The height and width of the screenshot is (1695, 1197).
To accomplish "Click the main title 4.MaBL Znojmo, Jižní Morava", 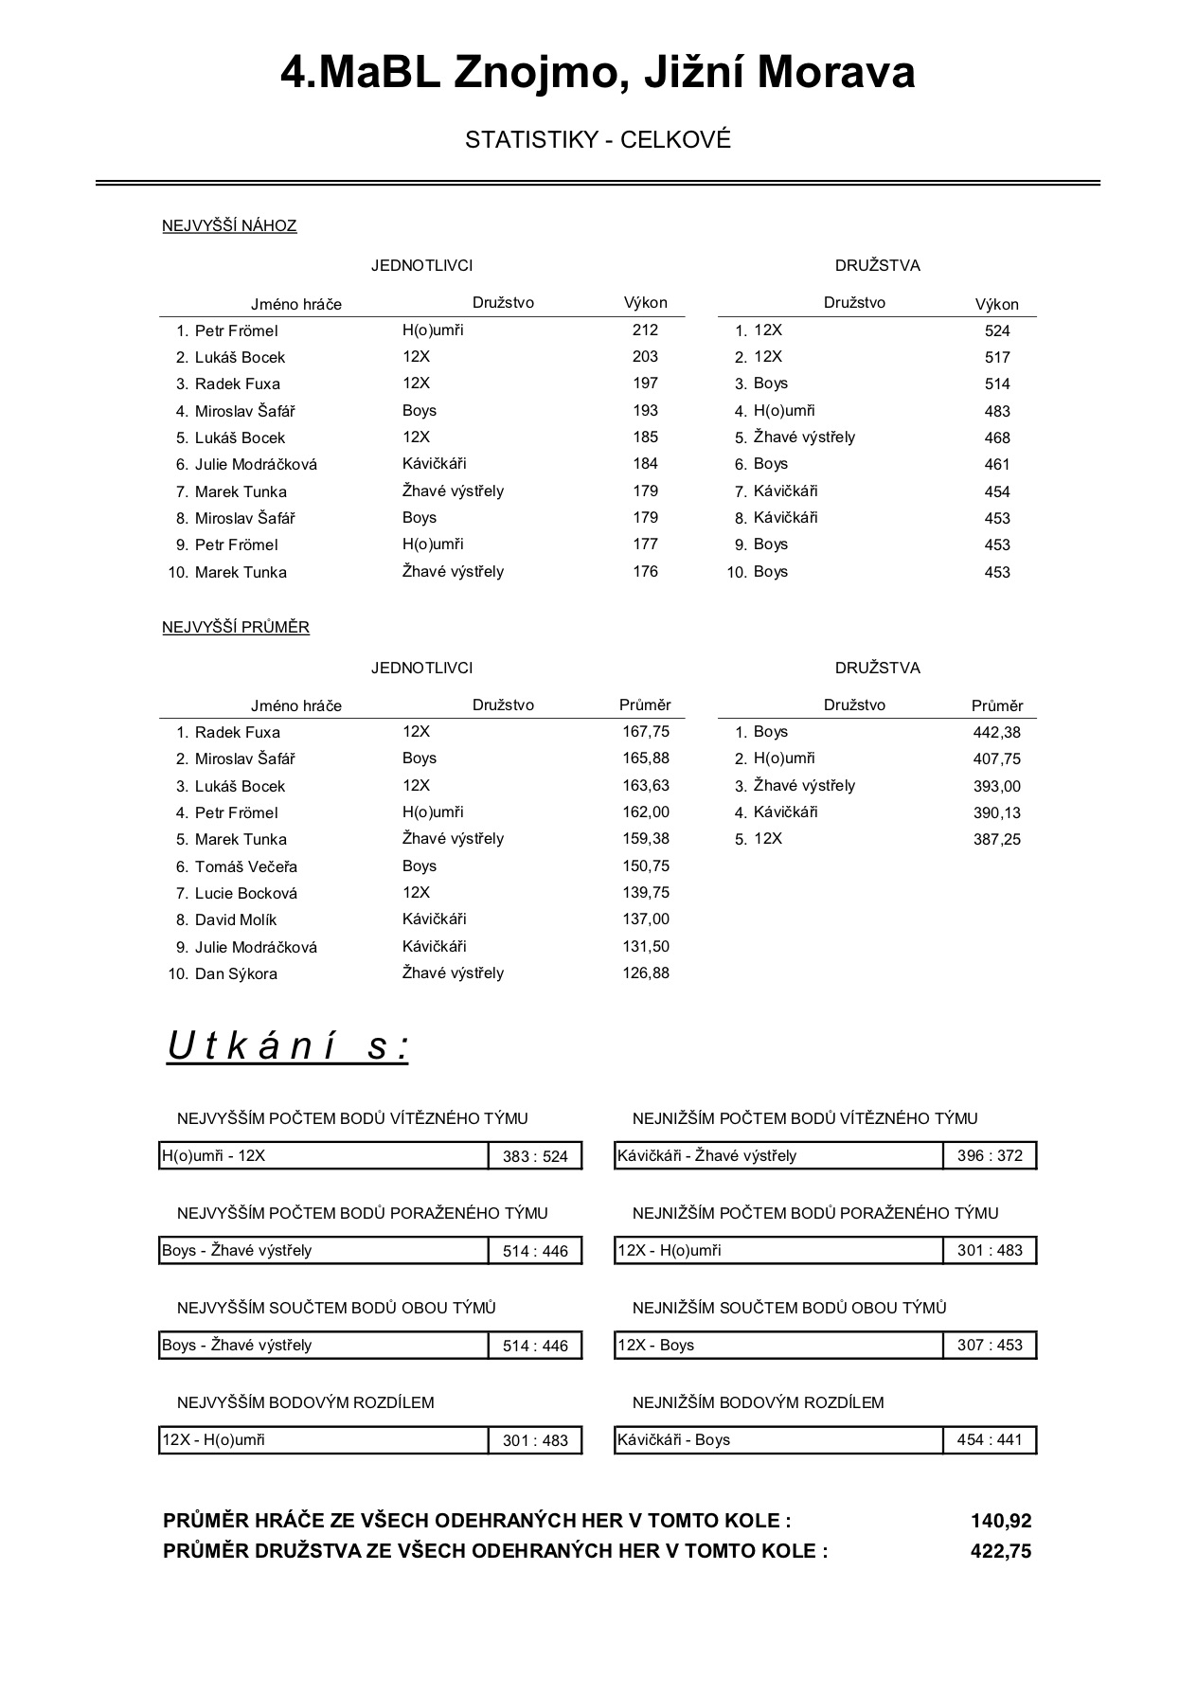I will (x=598, y=73).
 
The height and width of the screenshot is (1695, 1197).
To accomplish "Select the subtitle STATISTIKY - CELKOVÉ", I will (x=598, y=140).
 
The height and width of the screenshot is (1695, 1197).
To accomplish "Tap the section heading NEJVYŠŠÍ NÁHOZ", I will (x=229, y=225).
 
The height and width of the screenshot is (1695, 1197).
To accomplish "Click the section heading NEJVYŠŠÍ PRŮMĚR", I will (x=236, y=627).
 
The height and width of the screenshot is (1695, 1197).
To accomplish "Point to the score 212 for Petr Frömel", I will (x=645, y=330).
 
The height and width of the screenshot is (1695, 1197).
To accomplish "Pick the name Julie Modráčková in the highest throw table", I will (x=256, y=464).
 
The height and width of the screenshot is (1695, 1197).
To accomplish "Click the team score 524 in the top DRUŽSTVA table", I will (x=997, y=330).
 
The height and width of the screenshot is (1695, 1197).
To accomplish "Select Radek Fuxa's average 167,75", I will (x=646, y=731).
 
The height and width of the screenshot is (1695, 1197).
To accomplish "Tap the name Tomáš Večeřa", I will (x=246, y=866).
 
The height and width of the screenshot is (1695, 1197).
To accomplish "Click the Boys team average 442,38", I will (x=997, y=732).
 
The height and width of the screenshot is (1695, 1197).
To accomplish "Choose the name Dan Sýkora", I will (x=236, y=973).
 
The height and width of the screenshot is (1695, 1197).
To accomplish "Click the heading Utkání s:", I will (x=288, y=1046).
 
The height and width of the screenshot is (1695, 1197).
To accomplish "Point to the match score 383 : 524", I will (x=535, y=1156).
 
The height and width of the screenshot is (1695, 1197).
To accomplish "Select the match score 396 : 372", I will (x=990, y=1155).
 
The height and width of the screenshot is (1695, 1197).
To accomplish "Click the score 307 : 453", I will (x=990, y=1345).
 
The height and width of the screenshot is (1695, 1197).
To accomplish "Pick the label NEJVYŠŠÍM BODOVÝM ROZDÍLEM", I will (x=306, y=1402).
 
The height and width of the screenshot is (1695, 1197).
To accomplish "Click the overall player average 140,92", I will (x=1001, y=1521).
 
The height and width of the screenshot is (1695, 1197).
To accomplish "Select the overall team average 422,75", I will (x=1001, y=1551).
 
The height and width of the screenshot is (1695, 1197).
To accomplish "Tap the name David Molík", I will (x=236, y=919).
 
